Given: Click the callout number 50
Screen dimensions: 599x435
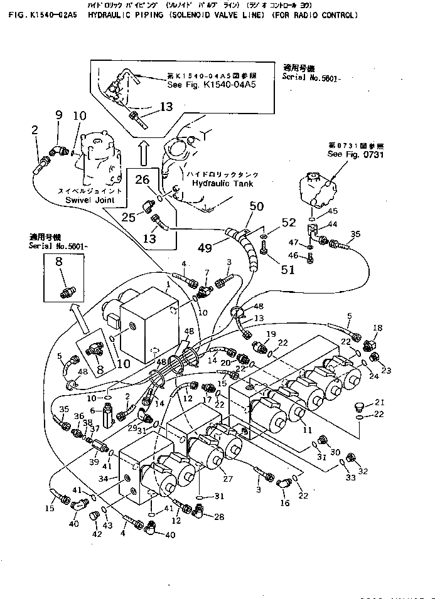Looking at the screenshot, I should click(x=256, y=206).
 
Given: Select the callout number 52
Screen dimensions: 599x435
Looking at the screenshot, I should click(x=288, y=221).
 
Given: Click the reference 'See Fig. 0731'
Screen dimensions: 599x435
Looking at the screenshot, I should click(x=355, y=154).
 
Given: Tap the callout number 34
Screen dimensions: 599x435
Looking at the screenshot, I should click(x=105, y=479).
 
